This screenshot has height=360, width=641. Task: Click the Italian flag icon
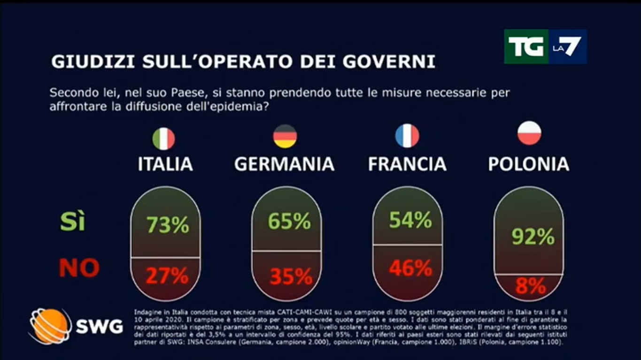click(x=164, y=139)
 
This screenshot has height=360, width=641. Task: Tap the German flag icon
click(x=285, y=137)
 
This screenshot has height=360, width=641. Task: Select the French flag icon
click(x=407, y=136)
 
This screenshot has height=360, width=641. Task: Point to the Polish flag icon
click(x=529, y=133)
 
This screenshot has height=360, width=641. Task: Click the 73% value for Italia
click(x=168, y=225)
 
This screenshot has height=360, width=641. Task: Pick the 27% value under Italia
click(x=167, y=276)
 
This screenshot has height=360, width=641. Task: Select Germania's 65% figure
click(x=289, y=221)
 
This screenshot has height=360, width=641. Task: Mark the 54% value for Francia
click(x=410, y=220)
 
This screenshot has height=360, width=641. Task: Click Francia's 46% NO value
click(x=410, y=268)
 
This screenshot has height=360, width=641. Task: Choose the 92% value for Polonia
click(x=533, y=237)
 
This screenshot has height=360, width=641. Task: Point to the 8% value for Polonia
click(x=531, y=286)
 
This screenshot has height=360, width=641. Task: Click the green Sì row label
click(x=73, y=222)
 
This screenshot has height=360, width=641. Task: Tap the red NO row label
click(x=79, y=268)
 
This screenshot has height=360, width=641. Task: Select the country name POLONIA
click(x=529, y=164)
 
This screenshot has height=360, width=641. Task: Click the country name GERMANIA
click(x=284, y=164)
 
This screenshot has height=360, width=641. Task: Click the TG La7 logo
click(x=545, y=46)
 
